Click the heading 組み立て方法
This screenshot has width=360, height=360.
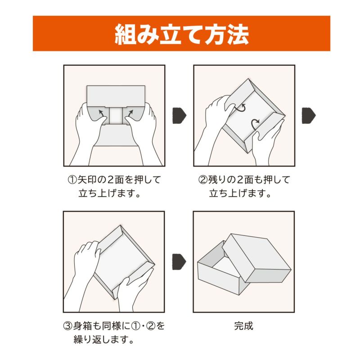(181, 34)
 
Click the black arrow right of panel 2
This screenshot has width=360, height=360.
(308, 115)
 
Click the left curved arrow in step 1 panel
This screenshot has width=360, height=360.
(103, 111)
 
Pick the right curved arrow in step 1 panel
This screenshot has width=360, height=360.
(129, 111)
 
